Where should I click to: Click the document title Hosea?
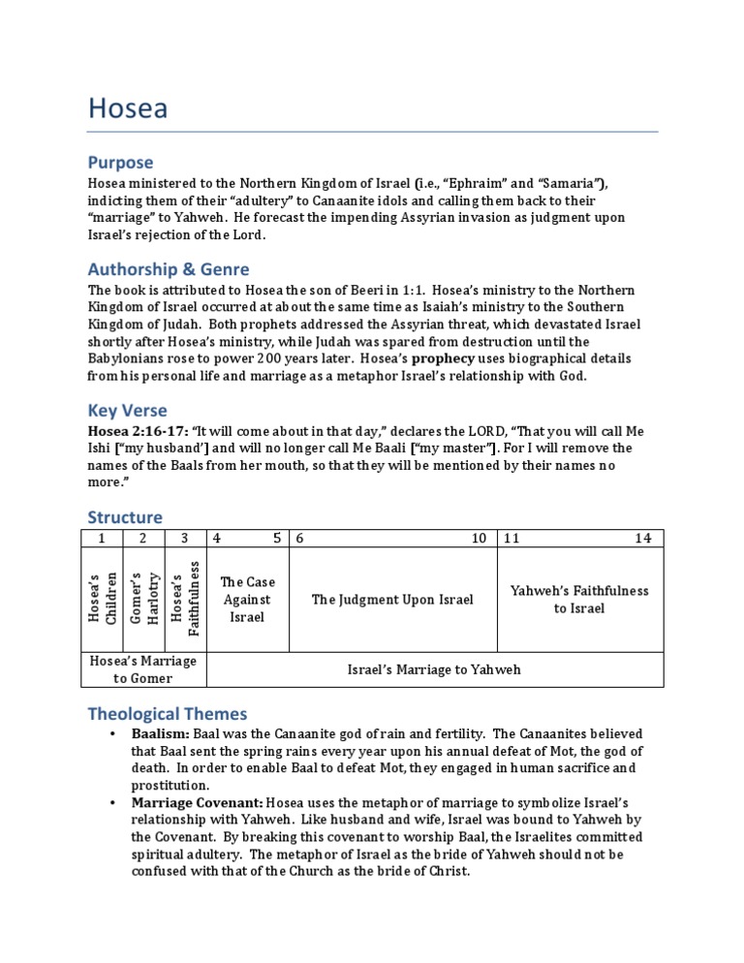(x=127, y=109)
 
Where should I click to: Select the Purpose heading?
(x=120, y=163)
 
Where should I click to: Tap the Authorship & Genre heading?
(x=169, y=268)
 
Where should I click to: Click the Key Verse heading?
(x=127, y=410)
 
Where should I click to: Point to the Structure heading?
(x=125, y=516)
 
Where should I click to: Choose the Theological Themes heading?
(x=168, y=714)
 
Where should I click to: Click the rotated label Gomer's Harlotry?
(x=142, y=598)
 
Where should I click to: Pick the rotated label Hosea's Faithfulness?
(x=184, y=598)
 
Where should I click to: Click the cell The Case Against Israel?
(x=247, y=599)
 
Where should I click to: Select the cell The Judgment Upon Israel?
(x=392, y=600)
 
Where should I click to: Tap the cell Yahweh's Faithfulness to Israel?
(x=579, y=599)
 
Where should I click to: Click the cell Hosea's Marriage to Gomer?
(x=142, y=668)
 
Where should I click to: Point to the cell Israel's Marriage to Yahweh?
(x=434, y=669)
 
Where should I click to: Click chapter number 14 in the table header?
(x=643, y=538)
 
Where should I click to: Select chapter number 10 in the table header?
(x=479, y=538)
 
